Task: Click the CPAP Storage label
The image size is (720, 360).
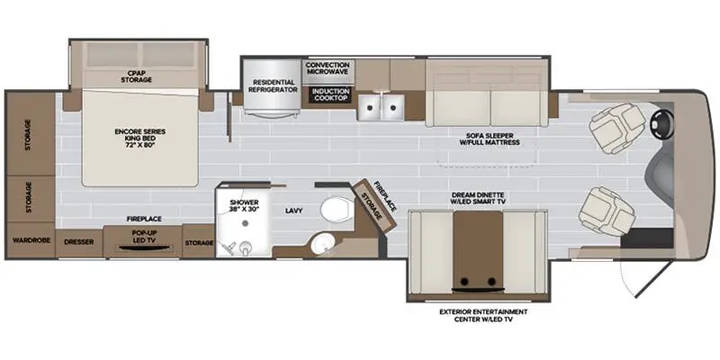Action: pos(137,76)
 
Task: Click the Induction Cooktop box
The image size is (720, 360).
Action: pos(328,94)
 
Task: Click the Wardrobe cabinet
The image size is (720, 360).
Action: pos(29,241)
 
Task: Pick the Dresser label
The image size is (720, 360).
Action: pos(78,241)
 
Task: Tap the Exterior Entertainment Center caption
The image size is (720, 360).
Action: pos(483,315)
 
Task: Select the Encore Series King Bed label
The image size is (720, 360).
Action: pos(139,137)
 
